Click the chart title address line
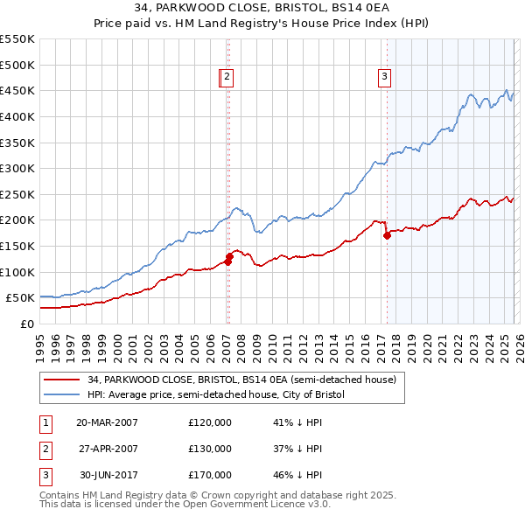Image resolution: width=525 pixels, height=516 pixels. pos(262,9)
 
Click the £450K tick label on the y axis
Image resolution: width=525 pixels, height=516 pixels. pos(17,90)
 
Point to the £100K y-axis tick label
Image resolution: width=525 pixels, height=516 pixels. pos(17,272)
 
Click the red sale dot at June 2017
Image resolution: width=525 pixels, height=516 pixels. pos(387,235)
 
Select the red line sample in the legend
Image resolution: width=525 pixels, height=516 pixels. pos(62,380)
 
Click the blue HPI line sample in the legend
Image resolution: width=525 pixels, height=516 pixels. pos(62,394)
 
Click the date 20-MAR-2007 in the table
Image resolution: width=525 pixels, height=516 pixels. pos(107,422)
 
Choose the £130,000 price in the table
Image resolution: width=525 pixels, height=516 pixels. pos(210,449)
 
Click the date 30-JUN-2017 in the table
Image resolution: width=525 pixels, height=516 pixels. pos(107,475)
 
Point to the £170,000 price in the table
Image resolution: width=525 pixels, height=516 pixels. pos(210,475)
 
